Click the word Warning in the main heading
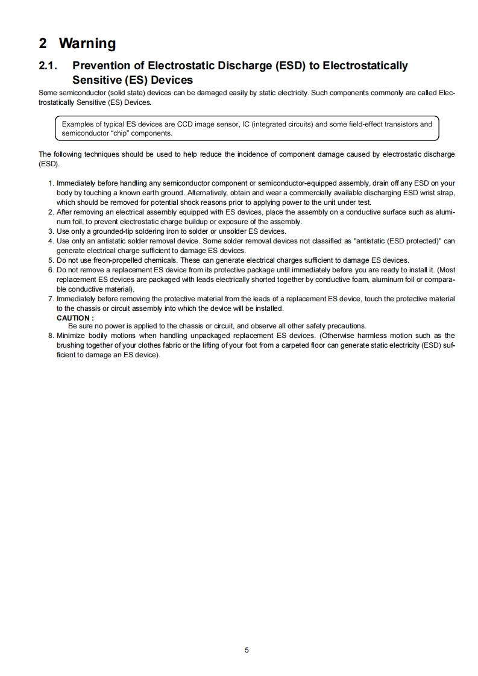tap(87, 43)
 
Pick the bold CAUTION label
tap(75, 318)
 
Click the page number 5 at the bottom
tap(247, 650)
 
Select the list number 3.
tap(51, 231)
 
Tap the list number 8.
tap(51, 335)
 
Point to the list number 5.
tap(51, 260)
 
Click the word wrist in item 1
tap(426, 192)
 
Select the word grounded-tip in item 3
tap(113, 231)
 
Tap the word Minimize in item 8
tap(72, 335)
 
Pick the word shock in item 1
tap(180, 202)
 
